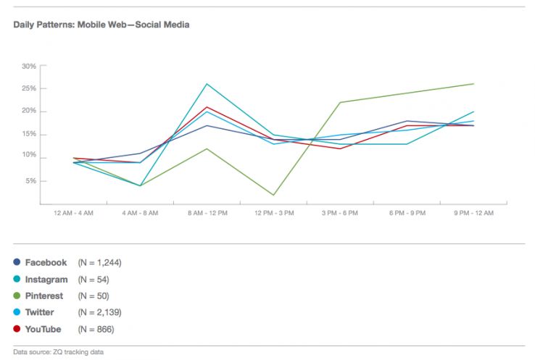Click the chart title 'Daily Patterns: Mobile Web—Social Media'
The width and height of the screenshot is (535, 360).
tap(101, 25)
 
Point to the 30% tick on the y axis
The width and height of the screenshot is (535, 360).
tap(29, 66)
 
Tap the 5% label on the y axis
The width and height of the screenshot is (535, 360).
tap(31, 181)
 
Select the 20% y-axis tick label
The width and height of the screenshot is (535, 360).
tap(29, 111)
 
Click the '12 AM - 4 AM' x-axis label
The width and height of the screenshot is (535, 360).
tap(72, 213)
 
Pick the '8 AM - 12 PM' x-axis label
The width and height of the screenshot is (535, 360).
tap(207, 213)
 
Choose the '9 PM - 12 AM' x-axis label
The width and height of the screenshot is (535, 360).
tap(474, 213)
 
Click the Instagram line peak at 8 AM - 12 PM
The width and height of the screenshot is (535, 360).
tap(207, 84)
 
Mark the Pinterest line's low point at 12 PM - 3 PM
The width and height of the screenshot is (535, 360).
tap(273, 195)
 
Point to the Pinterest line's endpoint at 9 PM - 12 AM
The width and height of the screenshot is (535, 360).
tap(474, 84)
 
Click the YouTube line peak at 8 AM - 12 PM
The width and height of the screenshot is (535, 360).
tap(207, 107)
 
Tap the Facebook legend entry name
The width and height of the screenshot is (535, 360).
tap(46, 262)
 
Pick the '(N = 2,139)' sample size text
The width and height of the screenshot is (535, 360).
tap(99, 313)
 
